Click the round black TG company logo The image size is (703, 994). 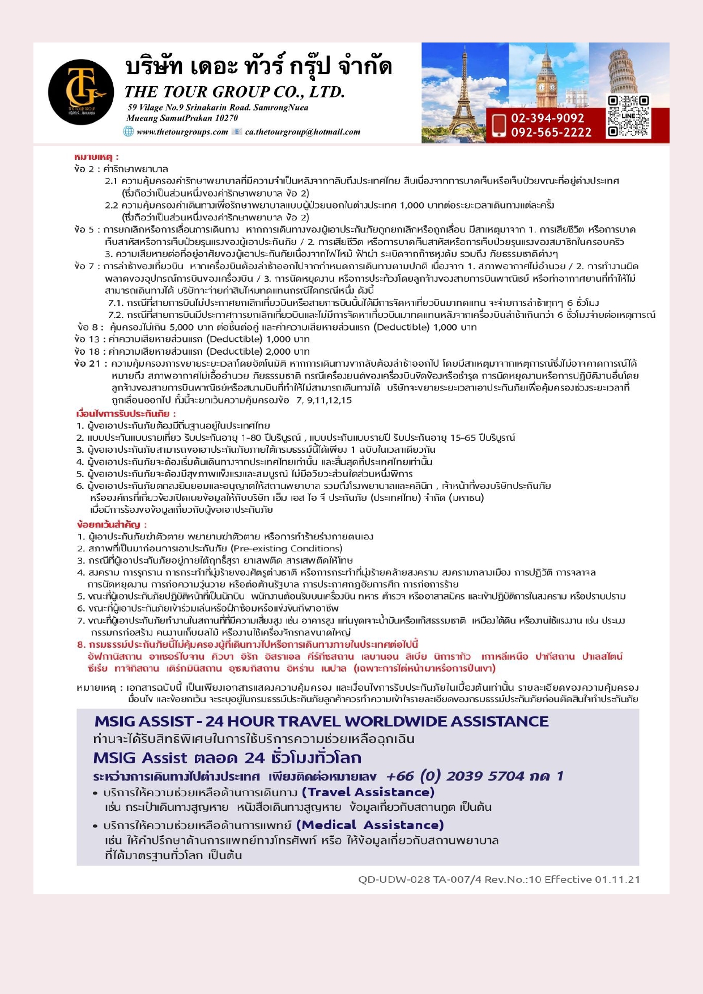coord(81,92)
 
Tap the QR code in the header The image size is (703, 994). coord(628,117)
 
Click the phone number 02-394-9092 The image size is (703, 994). coord(547,118)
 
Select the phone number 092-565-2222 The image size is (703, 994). coord(551,133)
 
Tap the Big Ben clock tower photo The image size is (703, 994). coord(547,74)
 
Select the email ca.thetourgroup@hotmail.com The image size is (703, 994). coord(302,132)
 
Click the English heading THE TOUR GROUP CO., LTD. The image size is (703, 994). coord(235,92)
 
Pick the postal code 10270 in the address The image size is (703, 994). coord(227,118)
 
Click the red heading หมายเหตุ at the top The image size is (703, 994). coord(96,157)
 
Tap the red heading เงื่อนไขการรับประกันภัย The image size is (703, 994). coord(126,414)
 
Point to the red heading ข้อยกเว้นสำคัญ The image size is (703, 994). coord(112,524)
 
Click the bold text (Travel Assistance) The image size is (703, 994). coord(368,792)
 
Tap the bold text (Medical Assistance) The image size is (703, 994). coord(369,825)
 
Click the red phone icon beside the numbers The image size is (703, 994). coord(499,125)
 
